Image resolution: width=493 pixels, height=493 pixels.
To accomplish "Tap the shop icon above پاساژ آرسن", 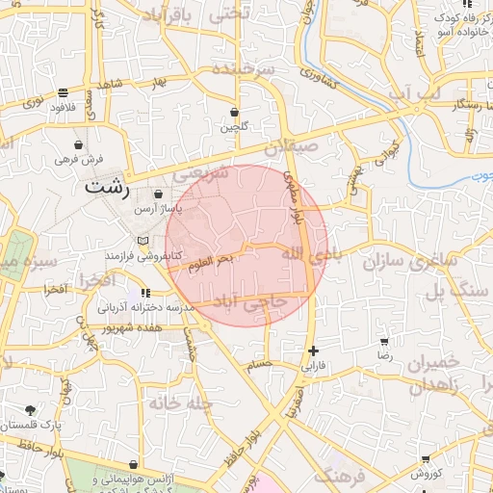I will [x=158, y=195].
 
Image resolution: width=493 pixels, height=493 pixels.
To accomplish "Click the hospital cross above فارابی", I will [x=312, y=350].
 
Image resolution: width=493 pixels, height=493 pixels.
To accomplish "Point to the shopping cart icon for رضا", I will [x=385, y=342].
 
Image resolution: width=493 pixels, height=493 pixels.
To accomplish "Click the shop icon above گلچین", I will [x=235, y=112].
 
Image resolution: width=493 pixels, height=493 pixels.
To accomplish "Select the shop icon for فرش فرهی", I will [x=77, y=143].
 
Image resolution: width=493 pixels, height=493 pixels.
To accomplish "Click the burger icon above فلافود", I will [x=64, y=93].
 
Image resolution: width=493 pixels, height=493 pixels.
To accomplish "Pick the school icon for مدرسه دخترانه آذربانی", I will [x=144, y=293].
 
